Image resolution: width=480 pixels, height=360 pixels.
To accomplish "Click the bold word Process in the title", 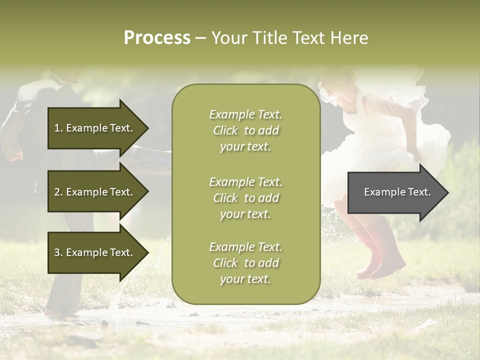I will point(157,38).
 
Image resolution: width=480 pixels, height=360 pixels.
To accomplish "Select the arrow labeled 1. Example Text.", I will point(95,128).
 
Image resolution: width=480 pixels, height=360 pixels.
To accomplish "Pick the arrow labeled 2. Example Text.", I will point(95,192).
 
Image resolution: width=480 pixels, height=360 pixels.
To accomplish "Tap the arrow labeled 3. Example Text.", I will point(95,252).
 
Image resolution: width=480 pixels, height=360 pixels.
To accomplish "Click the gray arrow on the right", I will point(395,192).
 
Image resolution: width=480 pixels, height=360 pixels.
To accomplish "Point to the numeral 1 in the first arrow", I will point(56,128).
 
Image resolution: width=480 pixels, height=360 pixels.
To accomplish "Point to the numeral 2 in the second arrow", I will point(56,192).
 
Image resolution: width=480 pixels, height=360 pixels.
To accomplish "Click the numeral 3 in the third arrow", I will point(56,252).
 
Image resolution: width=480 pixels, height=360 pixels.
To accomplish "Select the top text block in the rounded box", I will point(245,130).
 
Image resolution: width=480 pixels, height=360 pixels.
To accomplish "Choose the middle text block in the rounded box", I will point(245,198).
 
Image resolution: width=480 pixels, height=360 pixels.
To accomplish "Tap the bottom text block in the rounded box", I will point(245,263).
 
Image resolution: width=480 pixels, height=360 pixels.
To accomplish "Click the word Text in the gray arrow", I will point(419,192).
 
